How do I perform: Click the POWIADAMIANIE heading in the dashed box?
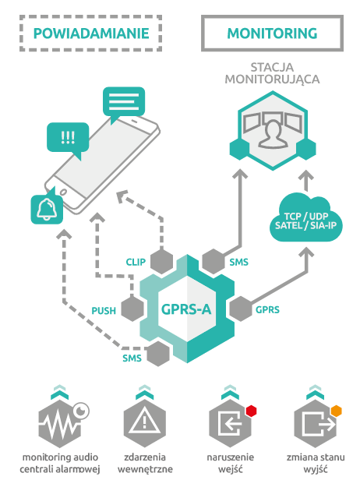(91, 34)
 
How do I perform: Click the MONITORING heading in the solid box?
(272, 34)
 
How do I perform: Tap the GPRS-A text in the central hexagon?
(186, 309)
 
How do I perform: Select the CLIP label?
(136, 262)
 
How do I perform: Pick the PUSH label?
(104, 311)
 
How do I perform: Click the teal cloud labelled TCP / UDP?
(306, 217)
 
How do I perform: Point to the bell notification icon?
(47, 209)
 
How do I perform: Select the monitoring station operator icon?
(273, 130)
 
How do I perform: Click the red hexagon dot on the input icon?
(251, 411)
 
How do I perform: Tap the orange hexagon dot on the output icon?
(337, 411)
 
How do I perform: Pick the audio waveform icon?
(60, 423)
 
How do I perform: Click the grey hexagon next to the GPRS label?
(241, 309)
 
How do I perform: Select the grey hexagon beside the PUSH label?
(132, 309)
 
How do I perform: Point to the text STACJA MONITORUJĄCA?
(272, 73)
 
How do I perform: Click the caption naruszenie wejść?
(230, 464)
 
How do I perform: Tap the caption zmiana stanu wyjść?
(316, 464)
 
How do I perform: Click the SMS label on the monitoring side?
(239, 263)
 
